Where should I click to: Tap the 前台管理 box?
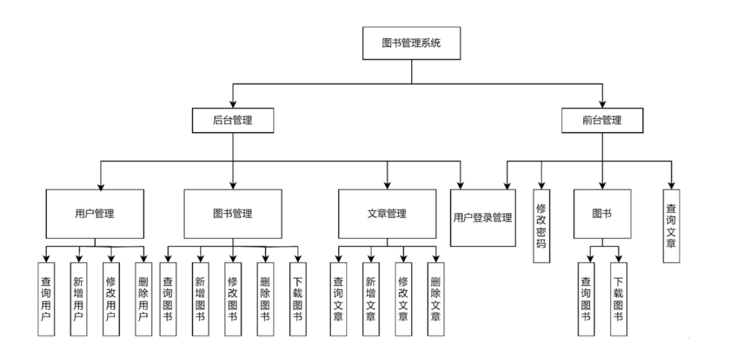[602, 121]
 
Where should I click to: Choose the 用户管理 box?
[95, 213]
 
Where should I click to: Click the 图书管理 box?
[233, 213]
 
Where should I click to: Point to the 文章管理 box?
[387, 213]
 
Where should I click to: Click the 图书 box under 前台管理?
[602, 213]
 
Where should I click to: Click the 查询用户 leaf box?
[46, 299]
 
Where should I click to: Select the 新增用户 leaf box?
[78, 299]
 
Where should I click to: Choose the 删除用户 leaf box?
[143, 299]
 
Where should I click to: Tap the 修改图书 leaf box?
[233, 299]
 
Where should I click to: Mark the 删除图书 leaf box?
[265, 299]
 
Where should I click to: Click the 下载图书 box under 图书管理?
[297, 299]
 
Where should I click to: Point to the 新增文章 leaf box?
[370, 299]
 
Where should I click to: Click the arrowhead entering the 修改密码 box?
[541, 184]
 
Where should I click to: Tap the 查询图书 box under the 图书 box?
[586, 299]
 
